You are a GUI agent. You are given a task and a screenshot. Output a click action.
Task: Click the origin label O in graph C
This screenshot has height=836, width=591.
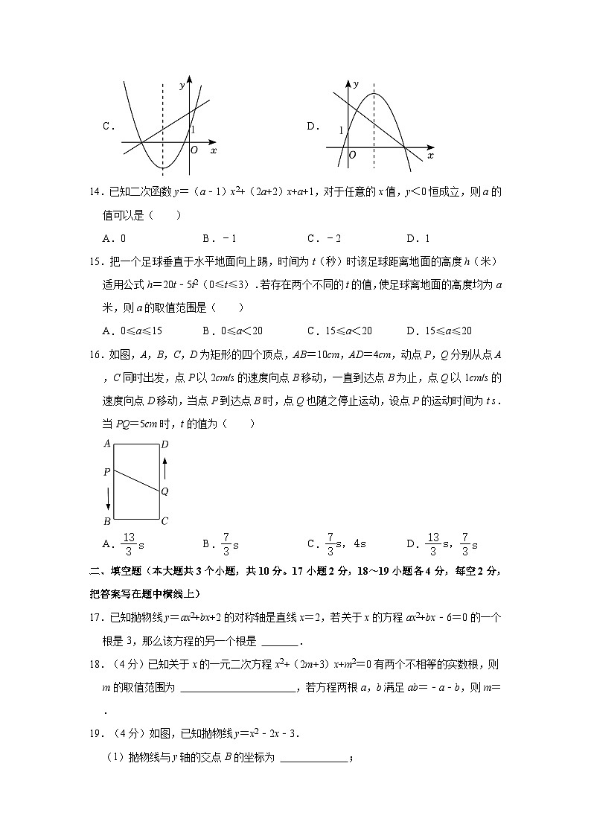[194, 150]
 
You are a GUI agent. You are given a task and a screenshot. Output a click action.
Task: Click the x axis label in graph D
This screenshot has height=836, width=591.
[430, 156]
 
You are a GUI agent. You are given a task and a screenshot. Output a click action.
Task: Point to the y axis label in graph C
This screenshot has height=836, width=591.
[182, 86]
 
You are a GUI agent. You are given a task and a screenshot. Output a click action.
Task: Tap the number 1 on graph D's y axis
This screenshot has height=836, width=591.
[342, 130]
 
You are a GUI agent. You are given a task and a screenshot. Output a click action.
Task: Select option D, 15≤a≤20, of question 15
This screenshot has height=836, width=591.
[439, 331]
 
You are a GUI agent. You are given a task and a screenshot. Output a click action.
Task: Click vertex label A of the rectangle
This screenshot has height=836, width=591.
[107, 444]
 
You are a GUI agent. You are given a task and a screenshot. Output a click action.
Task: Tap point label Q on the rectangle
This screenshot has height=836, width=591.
[164, 491]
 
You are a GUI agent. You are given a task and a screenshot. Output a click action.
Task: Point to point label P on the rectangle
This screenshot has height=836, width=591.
[107, 472]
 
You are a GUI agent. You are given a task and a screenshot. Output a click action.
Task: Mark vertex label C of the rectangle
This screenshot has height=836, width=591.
[164, 521]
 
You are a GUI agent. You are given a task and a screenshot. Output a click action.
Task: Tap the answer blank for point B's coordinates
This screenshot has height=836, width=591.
[313, 759]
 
